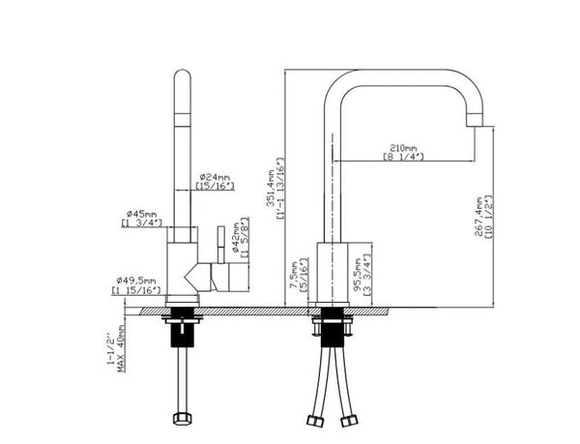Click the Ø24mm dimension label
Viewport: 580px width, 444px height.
pyautogui.click(x=214, y=177)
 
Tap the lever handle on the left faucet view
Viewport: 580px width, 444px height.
pyautogui.click(x=218, y=242)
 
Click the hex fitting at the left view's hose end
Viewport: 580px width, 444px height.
pyautogui.click(x=179, y=419)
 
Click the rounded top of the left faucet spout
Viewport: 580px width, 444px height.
pyautogui.click(x=181, y=77)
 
